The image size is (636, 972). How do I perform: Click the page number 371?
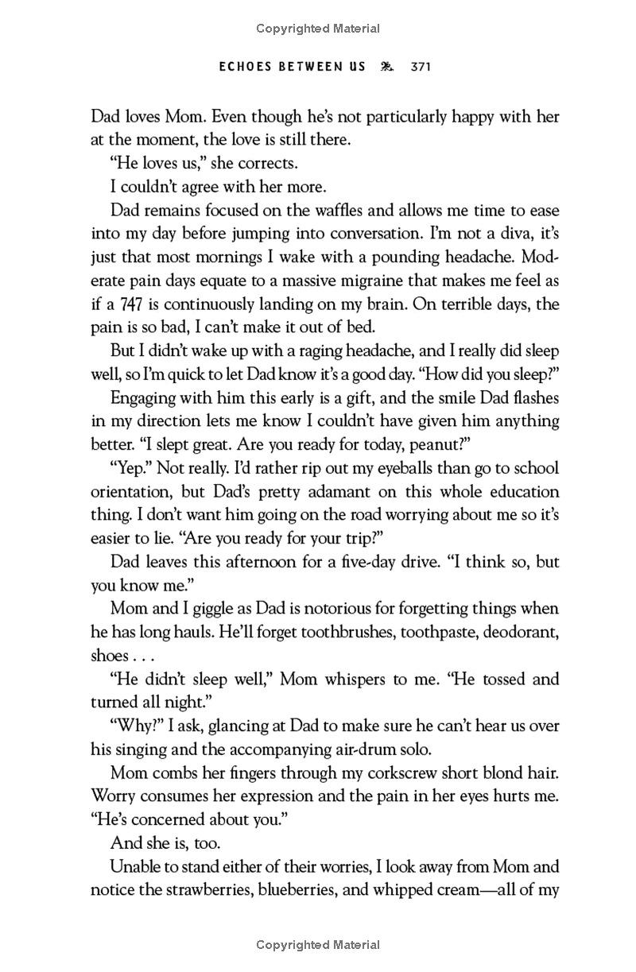point(420,68)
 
